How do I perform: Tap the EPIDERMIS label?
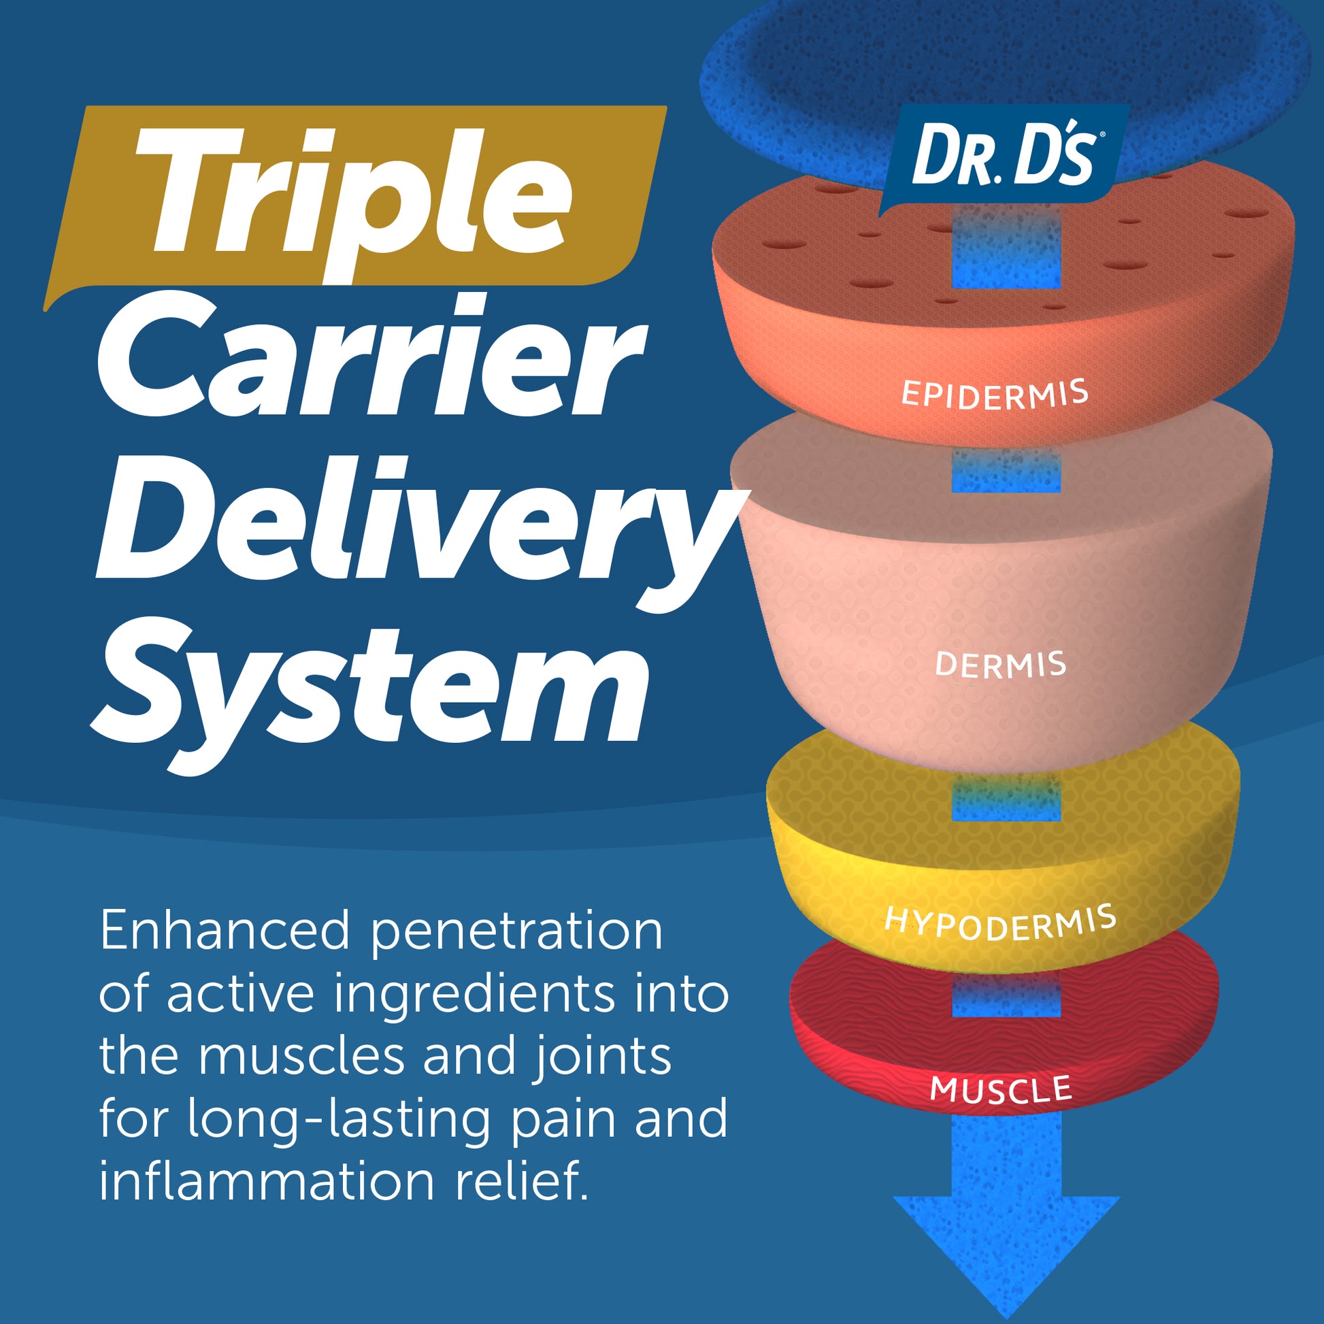pos(995,394)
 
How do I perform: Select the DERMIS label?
pos(1000,665)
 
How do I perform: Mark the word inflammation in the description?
pos(267,1181)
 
